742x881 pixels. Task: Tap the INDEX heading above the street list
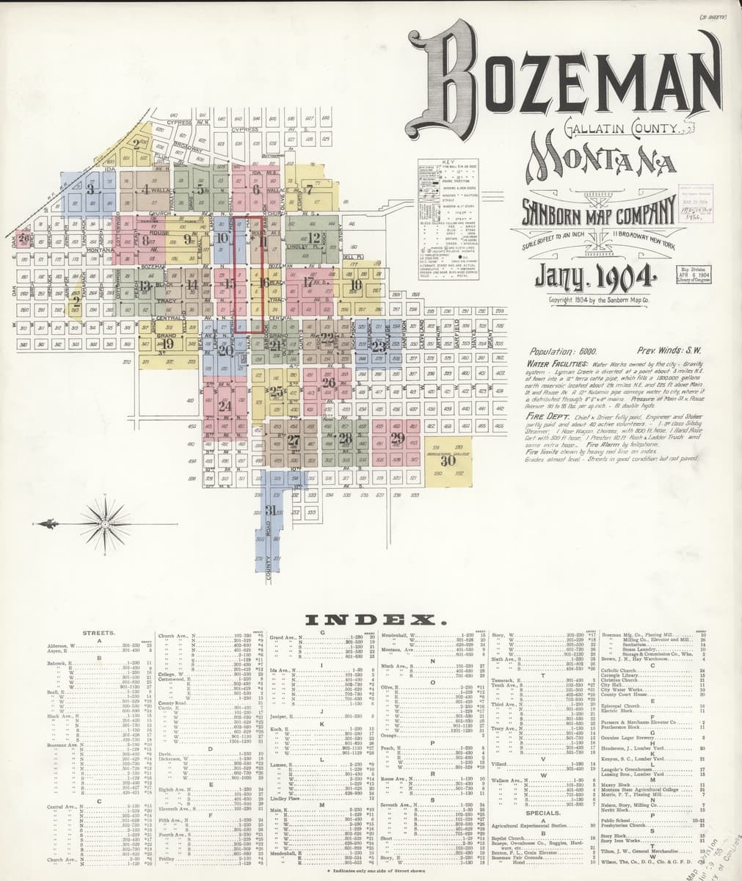[377, 621]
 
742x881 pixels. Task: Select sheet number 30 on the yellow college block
[447, 461]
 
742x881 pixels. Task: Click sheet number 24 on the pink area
[225, 406]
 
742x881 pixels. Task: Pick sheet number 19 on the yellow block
[167, 343]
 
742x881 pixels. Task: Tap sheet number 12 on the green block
[314, 238]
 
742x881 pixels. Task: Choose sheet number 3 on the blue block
[90, 189]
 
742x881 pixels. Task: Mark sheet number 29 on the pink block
[397, 439]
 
